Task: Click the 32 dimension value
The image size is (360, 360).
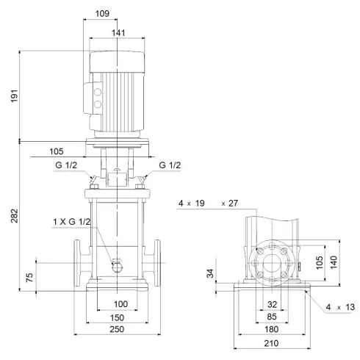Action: (273, 303)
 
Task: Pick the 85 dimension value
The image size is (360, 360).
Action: (273, 317)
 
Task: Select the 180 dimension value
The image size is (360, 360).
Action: (273, 331)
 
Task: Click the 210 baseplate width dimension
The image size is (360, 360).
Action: (273, 345)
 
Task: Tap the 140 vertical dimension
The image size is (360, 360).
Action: (334, 262)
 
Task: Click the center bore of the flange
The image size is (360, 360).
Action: (273, 262)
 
